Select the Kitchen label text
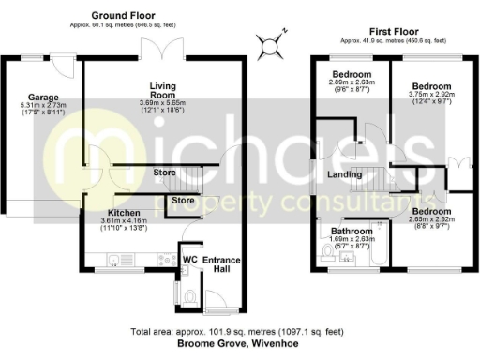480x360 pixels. (x=124, y=214)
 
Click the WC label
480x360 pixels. (x=188, y=259)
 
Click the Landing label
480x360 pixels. (x=345, y=174)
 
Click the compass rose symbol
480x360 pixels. (x=271, y=43)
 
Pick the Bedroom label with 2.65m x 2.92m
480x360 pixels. (x=430, y=212)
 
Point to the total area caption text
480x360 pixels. (x=239, y=332)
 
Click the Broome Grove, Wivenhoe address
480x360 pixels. (x=239, y=344)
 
